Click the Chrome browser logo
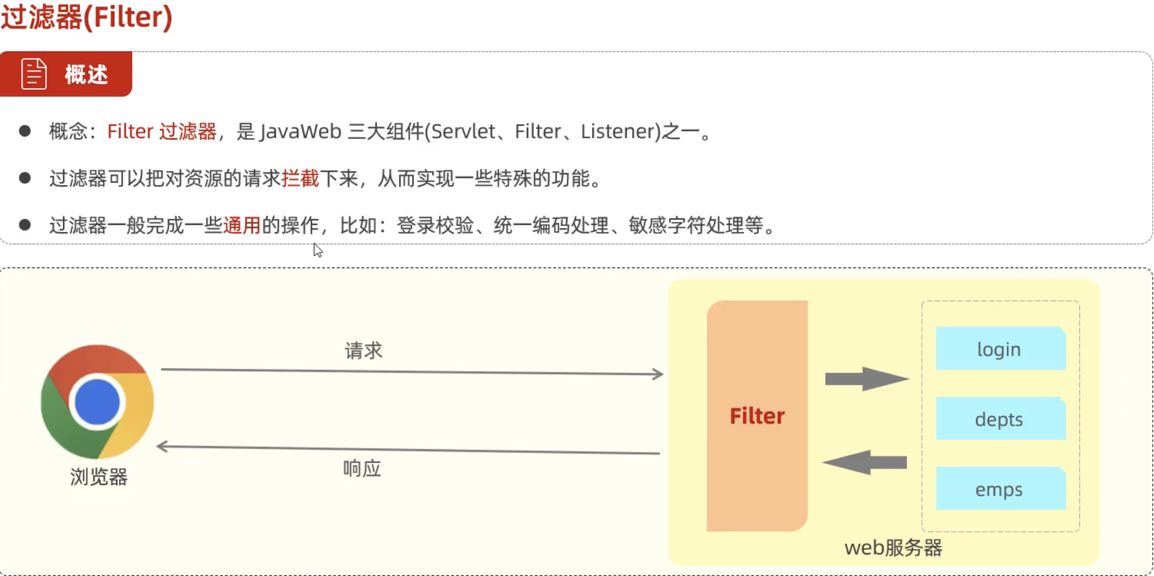[97, 401]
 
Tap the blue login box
[1000, 348]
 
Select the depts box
[1000, 419]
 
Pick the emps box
[1000, 489]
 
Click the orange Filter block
[757, 415]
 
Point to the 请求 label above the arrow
[363, 351]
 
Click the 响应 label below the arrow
[362, 468]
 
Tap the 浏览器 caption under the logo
[98, 477]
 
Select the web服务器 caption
[893, 548]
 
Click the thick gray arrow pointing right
[866, 379]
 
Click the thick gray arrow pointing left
[865, 462]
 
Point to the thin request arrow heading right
[412, 372]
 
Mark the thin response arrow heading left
[407, 450]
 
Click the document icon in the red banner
[34, 74]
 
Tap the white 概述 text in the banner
[86, 75]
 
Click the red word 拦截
[300, 179]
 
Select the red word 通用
[241, 225]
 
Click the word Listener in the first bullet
[620, 131]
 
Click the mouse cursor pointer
[318, 250]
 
